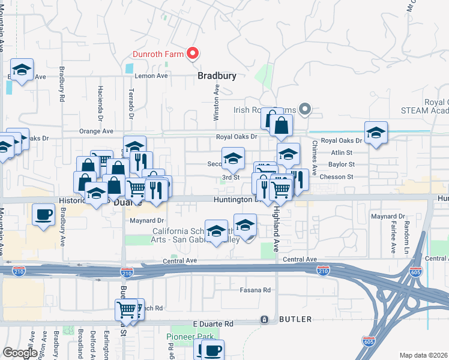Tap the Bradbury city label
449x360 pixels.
217,76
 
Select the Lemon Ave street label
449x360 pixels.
151,76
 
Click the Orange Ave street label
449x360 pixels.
96,131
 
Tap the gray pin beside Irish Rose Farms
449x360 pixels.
305,109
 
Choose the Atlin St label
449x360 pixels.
345,152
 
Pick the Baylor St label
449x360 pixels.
342,164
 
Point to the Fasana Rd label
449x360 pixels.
256,290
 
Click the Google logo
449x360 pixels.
20,353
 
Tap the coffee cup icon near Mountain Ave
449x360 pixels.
43,215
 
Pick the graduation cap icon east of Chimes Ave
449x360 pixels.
376,133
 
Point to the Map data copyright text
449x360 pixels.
423,355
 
